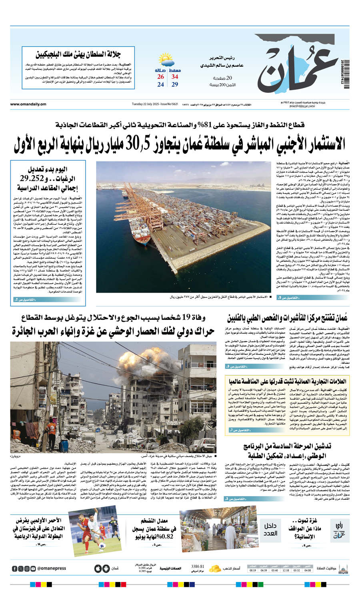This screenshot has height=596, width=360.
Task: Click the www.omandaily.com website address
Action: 28,104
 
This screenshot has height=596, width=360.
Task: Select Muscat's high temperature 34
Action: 175,77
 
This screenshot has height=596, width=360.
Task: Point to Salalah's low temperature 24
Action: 160,85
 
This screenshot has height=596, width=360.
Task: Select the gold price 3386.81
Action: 198,566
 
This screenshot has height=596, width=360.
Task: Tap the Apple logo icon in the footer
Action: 98,568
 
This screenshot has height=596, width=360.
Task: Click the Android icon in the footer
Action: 106,568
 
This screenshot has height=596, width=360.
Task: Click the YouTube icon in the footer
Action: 33,568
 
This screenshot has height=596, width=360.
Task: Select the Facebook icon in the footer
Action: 15,568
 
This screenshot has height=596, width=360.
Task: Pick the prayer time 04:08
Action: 307,570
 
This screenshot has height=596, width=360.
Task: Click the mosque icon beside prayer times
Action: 343,568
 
